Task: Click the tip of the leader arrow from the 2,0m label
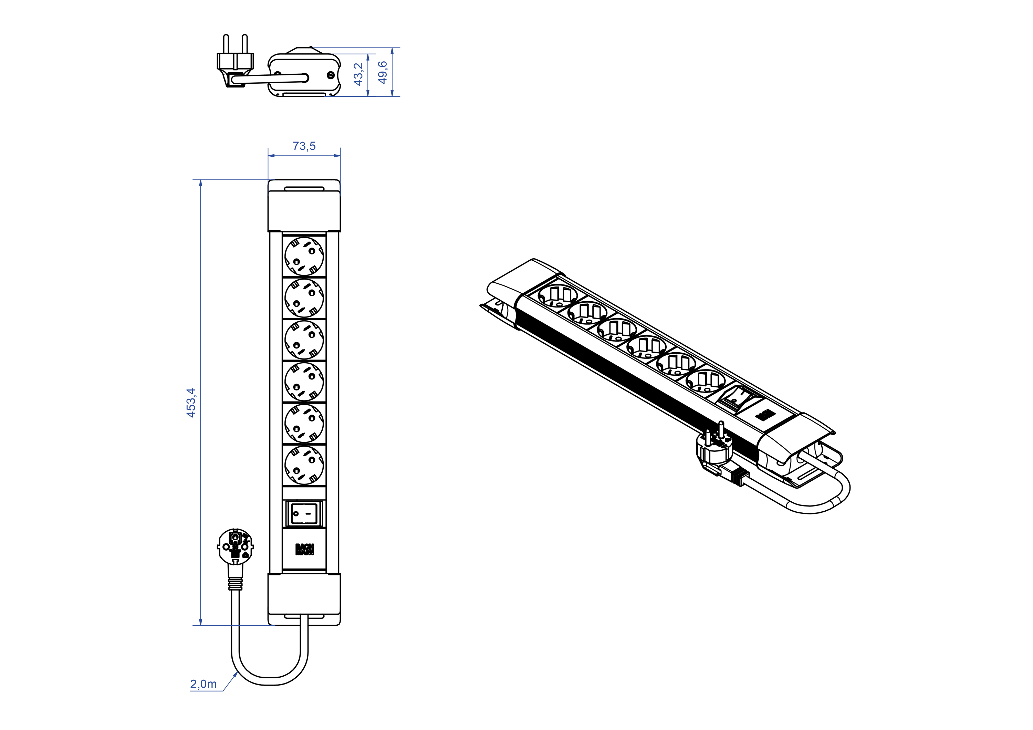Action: (238, 671)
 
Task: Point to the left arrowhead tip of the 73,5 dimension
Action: (268, 156)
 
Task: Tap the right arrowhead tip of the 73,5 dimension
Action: (340, 156)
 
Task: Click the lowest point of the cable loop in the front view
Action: (270, 685)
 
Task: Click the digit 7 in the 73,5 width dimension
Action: (295, 146)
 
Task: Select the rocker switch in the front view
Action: (304, 513)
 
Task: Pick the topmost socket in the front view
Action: (304, 256)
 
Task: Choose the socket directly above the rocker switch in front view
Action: (304, 465)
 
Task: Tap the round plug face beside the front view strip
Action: (235, 546)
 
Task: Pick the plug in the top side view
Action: (235, 61)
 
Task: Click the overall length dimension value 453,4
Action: (191, 403)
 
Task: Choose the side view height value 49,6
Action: (383, 72)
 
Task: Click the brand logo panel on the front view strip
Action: (304, 549)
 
